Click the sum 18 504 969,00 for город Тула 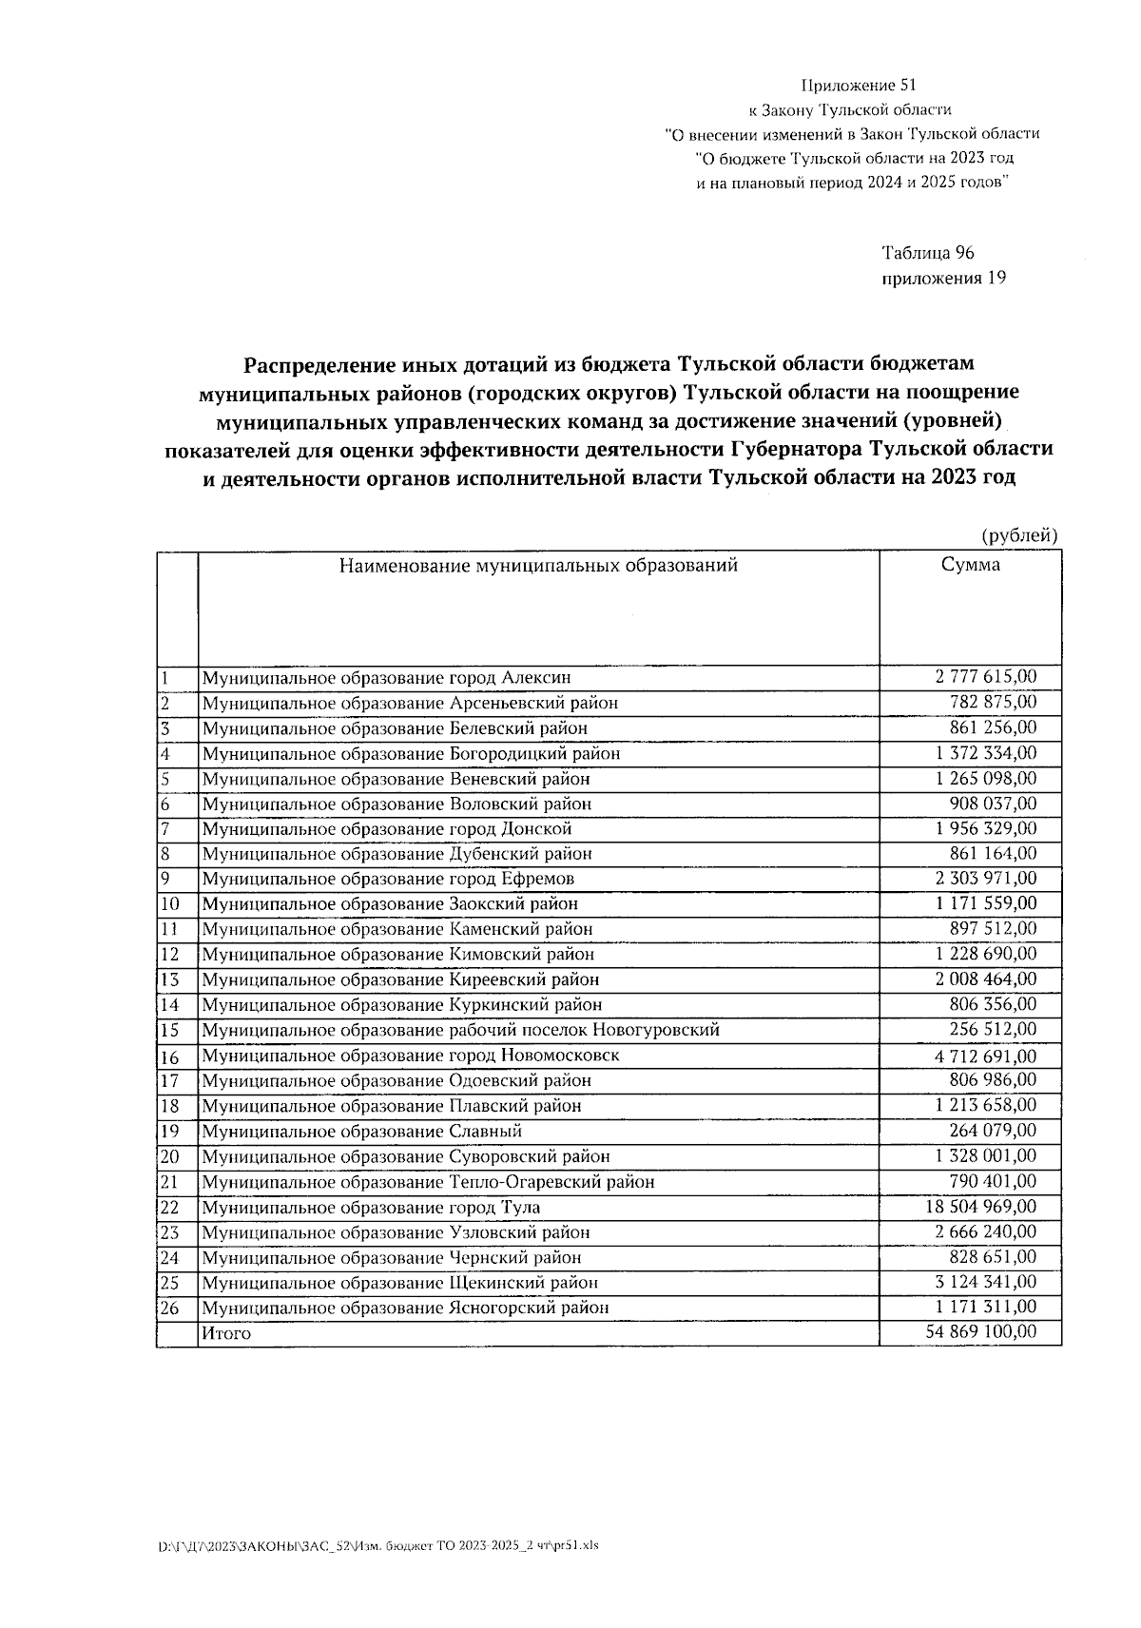pyautogui.click(x=980, y=1207)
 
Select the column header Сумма pyautogui.click(x=970, y=565)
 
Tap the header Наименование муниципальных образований pyautogui.click(x=538, y=566)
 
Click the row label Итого pyautogui.click(x=226, y=1333)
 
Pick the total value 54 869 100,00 pyautogui.click(x=980, y=1332)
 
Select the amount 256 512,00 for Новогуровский pyautogui.click(x=993, y=1029)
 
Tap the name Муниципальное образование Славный pyautogui.click(x=361, y=1132)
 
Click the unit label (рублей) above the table pyautogui.click(x=1019, y=536)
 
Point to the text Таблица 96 pyautogui.click(x=928, y=253)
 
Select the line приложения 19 pyautogui.click(x=943, y=278)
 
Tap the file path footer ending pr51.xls pyautogui.click(x=378, y=1545)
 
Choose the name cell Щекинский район pyautogui.click(x=400, y=1282)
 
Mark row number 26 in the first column pyautogui.click(x=169, y=1308)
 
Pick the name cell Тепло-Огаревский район pyautogui.click(x=428, y=1182)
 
